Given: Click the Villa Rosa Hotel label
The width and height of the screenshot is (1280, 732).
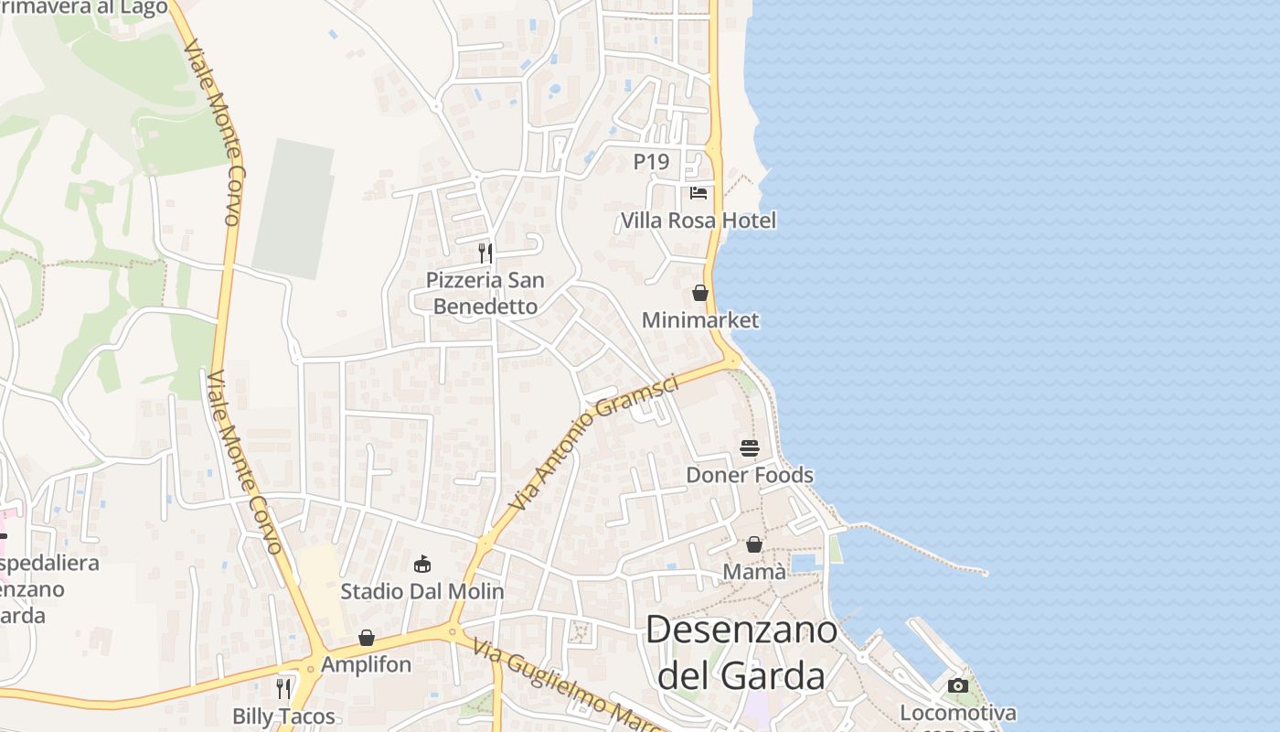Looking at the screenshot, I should pyautogui.click(x=699, y=221).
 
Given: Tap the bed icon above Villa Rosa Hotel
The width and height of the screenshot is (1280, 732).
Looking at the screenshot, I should pyautogui.click(x=699, y=193).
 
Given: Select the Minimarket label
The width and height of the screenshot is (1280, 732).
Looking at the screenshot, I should pyautogui.click(x=700, y=320).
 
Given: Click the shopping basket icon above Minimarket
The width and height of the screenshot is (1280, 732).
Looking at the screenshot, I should pyautogui.click(x=700, y=293).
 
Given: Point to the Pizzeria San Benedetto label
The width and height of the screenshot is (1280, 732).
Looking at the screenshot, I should pyautogui.click(x=485, y=293).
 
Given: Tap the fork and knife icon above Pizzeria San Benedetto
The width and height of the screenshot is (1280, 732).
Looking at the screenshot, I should pyautogui.click(x=485, y=253).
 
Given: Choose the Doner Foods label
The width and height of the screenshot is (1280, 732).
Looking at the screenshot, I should pyautogui.click(x=750, y=475).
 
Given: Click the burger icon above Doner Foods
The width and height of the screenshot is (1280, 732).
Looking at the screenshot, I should pyautogui.click(x=750, y=448).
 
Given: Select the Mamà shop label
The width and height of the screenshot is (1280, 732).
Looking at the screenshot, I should pyautogui.click(x=754, y=572).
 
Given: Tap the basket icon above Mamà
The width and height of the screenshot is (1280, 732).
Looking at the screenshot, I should pyautogui.click(x=754, y=545).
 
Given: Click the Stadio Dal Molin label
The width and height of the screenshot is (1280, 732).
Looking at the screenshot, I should pyautogui.click(x=422, y=591).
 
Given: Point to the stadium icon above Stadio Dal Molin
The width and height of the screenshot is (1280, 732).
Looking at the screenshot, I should pyautogui.click(x=422, y=564).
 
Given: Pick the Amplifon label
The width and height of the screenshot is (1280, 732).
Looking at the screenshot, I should pyautogui.click(x=367, y=664).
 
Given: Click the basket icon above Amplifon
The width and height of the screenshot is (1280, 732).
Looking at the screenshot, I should pyautogui.click(x=367, y=638).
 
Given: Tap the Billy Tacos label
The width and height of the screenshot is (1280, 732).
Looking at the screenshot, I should pyautogui.click(x=284, y=716).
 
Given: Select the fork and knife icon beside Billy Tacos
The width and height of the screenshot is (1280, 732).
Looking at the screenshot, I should pyautogui.click(x=284, y=688).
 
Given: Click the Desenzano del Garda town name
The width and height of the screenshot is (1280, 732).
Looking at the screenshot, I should pyautogui.click(x=741, y=652).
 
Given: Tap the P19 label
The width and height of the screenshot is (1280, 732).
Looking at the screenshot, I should pyautogui.click(x=652, y=162).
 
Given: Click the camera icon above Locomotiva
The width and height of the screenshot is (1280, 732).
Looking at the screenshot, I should pyautogui.click(x=958, y=685).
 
